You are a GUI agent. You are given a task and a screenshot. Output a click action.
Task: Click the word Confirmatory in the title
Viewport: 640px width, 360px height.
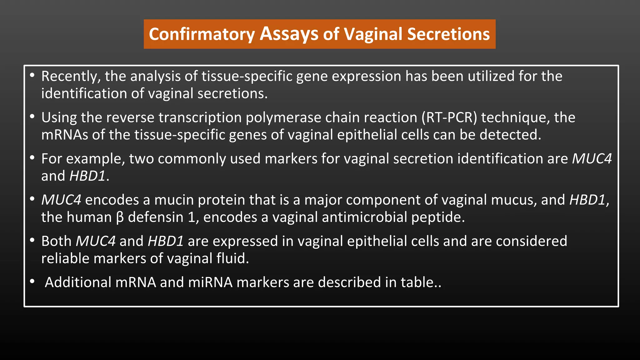202,34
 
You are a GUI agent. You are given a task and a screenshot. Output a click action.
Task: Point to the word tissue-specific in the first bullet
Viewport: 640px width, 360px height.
247,77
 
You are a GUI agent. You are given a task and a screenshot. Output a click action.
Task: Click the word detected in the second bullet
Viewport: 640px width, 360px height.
510,135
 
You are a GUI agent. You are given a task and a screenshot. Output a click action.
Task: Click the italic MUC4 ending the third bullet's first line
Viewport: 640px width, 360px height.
592,159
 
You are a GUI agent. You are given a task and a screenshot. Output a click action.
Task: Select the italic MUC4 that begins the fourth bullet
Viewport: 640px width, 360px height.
61,200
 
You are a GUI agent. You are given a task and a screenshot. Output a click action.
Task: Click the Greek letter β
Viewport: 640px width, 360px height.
120,217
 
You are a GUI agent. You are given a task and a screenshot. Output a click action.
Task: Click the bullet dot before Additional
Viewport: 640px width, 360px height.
32,282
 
